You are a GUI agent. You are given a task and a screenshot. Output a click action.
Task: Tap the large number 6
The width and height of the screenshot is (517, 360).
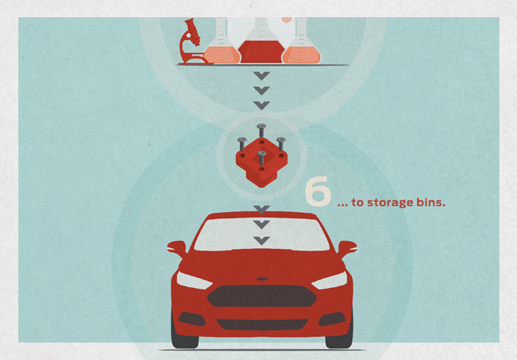click(x=317, y=192)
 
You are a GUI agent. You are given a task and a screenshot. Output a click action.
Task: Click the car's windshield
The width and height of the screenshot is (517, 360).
click(x=262, y=235)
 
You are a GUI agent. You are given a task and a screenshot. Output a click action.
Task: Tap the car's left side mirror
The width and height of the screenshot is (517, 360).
click(x=177, y=249)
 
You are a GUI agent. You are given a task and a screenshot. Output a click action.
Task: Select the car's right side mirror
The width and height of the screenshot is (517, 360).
click(x=347, y=249)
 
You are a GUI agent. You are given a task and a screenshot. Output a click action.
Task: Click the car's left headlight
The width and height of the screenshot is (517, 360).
click(x=194, y=281)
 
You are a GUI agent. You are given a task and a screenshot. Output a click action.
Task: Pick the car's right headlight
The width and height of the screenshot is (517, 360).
click(x=329, y=281)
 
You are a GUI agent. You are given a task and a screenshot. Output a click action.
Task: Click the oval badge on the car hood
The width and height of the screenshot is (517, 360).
click(x=262, y=279)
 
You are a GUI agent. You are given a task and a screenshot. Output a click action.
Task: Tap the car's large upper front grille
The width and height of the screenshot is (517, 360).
click(x=262, y=296)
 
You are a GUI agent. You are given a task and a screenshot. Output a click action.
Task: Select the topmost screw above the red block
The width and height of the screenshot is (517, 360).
click(x=262, y=130)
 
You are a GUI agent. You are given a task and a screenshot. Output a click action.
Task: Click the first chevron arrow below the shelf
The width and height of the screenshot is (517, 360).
click(x=262, y=76)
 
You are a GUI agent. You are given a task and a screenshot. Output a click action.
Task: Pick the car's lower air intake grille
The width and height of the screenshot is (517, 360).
click(x=262, y=324)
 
